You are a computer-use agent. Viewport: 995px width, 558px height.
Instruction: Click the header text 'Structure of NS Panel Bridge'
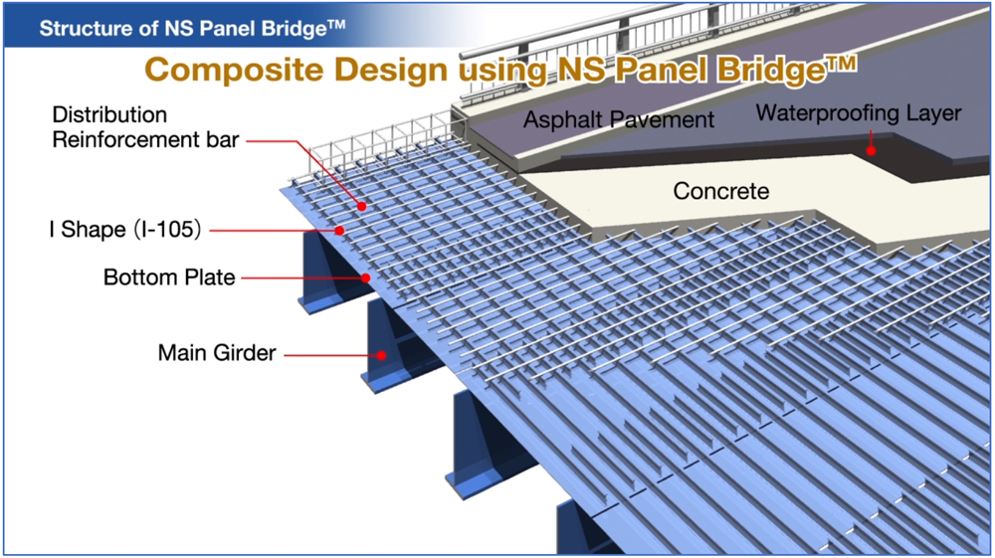(192, 29)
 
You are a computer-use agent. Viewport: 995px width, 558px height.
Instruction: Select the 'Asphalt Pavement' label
(619, 119)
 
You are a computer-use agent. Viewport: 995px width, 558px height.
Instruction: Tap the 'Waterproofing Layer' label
(859, 114)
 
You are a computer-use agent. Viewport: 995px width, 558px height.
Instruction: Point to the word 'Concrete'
(720, 191)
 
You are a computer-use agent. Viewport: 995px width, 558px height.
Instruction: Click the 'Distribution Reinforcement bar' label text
(145, 127)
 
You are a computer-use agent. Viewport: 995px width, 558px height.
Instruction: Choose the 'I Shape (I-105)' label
(125, 229)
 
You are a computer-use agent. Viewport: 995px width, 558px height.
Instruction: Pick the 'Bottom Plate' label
(169, 278)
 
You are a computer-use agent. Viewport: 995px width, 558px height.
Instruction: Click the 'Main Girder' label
(217, 352)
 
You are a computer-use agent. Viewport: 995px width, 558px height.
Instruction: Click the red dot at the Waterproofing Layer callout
(872, 150)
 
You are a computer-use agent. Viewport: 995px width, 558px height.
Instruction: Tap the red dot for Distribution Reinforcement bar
(361, 206)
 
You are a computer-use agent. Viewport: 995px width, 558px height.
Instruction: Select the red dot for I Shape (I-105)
(339, 230)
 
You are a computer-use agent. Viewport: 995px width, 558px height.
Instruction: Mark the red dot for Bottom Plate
(365, 278)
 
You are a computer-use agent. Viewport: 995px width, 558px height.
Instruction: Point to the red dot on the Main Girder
(381, 355)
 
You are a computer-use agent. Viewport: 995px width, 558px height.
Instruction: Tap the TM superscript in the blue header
(337, 24)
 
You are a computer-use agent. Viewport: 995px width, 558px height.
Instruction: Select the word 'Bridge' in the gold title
(772, 71)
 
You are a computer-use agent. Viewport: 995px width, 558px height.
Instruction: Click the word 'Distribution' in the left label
(109, 114)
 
